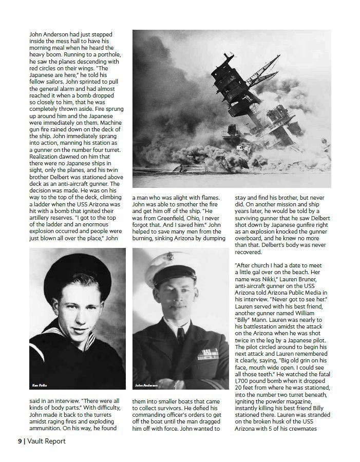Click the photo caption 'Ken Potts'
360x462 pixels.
(x=40, y=384)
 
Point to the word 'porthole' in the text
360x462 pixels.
(x=107, y=55)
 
